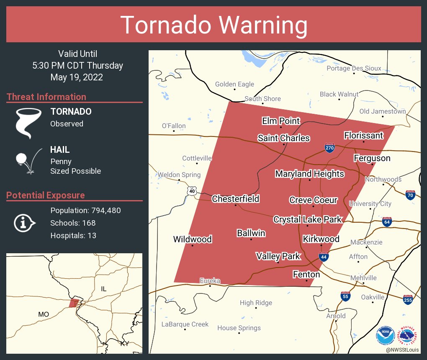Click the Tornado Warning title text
(213, 25)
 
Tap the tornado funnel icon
(28, 123)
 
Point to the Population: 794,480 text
(85, 211)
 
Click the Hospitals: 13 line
(73, 236)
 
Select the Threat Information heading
(46, 97)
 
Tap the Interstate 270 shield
(329, 148)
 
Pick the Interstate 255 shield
(408, 299)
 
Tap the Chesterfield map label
(235, 199)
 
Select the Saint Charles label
(283, 138)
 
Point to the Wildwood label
(192, 239)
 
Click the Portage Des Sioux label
(354, 68)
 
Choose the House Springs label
(239, 328)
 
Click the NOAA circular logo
(385, 336)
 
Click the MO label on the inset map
(43, 314)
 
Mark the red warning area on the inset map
(74, 303)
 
